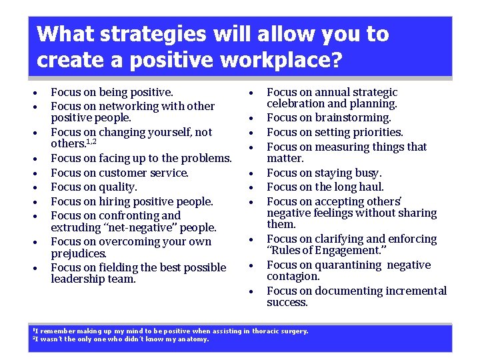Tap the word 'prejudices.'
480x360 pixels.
[79, 254]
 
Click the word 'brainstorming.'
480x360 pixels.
[351, 118]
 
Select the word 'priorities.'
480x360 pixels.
[378, 132]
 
